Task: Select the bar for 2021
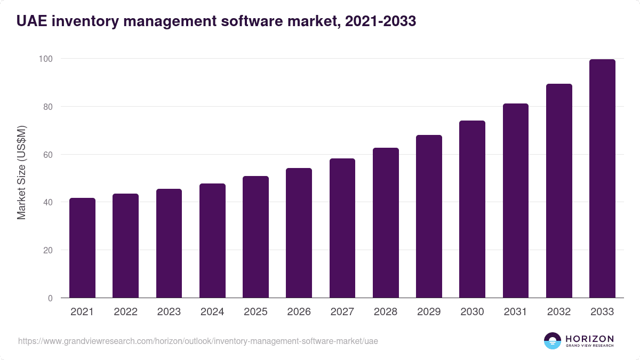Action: click(82, 248)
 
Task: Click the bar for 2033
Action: click(602, 179)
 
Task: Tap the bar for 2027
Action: click(342, 228)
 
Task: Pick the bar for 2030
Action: click(472, 209)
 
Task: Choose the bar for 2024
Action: click(212, 241)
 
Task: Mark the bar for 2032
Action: click(559, 191)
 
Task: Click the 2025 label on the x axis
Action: click(255, 312)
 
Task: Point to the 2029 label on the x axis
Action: click(429, 312)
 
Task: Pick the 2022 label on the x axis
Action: click(125, 312)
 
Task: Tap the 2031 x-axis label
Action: click(515, 312)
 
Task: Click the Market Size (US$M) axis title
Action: click(21, 172)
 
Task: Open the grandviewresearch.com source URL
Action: click(198, 341)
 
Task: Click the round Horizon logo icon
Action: click(553, 341)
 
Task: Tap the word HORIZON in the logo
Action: click(589, 338)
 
